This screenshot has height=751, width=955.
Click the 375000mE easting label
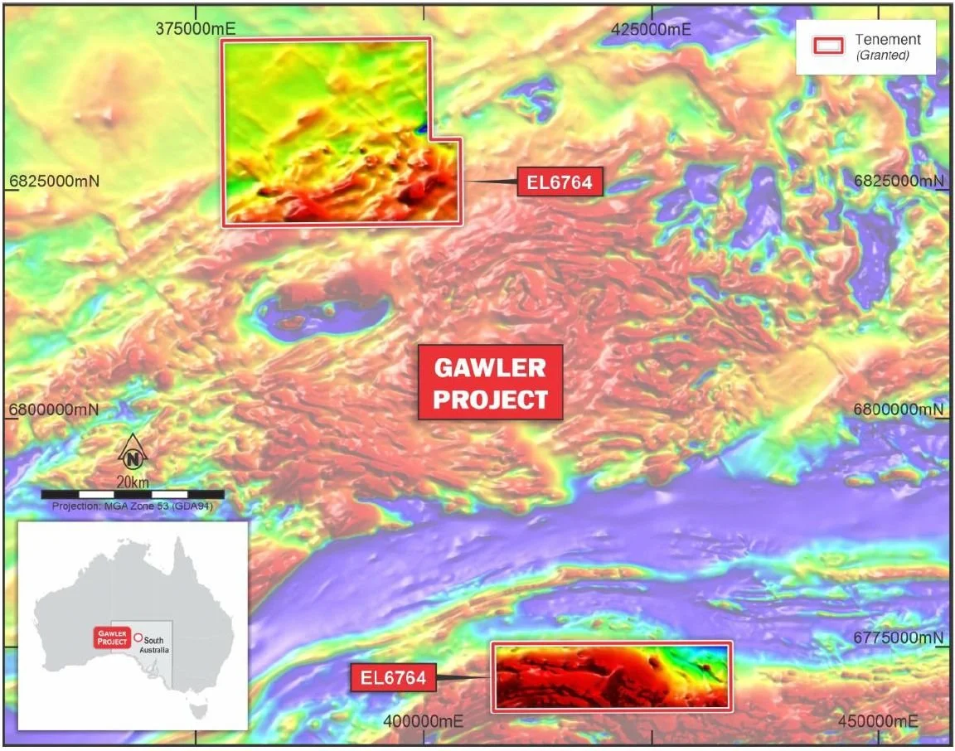tap(196, 27)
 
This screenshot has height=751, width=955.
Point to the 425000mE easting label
tap(652, 27)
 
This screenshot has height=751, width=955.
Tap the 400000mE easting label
tap(423, 721)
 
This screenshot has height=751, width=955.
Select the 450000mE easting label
tap(880, 721)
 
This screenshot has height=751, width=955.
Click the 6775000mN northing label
tap(899, 637)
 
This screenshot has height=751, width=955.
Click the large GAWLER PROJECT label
tap(491, 383)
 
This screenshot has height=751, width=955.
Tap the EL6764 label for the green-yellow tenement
tap(560, 182)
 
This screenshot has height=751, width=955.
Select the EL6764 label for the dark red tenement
tap(393, 678)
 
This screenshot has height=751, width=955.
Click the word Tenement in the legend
tap(888, 40)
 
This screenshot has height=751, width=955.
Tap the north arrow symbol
tap(133, 454)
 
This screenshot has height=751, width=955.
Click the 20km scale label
tap(133, 482)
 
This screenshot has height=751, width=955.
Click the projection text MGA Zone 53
tap(133, 506)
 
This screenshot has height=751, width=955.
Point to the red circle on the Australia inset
tap(138, 637)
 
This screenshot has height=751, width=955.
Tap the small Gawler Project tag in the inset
tap(111, 637)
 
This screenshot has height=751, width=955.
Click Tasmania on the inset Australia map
tap(196, 709)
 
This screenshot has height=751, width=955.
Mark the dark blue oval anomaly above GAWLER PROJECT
tap(323, 313)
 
